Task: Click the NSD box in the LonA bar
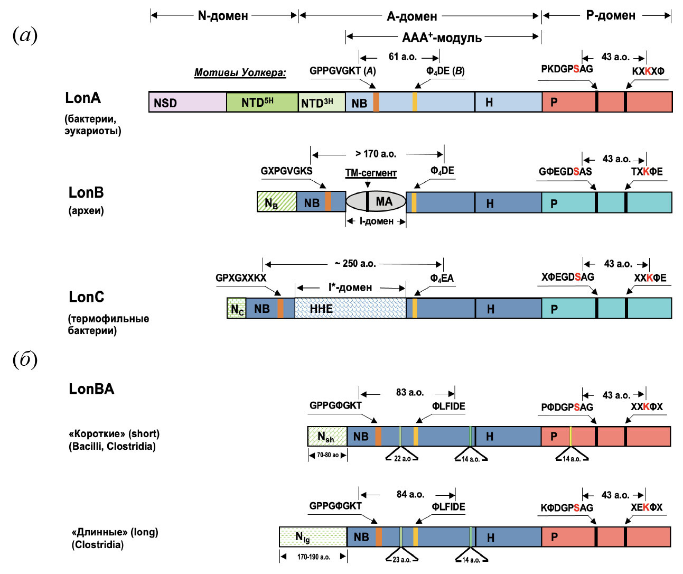click(x=188, y=102)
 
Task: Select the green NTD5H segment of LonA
click(x=262, y=102)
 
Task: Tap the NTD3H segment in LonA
click(x=322, y=102)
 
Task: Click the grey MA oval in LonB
click(x=376, y=201)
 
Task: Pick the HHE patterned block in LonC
click(x=350, y=308)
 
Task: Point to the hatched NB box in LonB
click(x=276, y=202)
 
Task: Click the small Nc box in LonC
click(x=237, y=309)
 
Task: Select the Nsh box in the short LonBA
click(x=327, y=436)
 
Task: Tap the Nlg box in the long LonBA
click(x=313, y=536)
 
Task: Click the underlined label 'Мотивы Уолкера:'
click(x=240, y=72)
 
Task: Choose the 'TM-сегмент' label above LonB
click(x=371, y=173)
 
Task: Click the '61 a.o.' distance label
click(x=403, y=57)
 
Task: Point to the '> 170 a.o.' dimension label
click(x=376, y=154)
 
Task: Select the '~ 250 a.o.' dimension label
click(x=355, y=263)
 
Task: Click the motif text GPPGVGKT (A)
click(x=342, y=71)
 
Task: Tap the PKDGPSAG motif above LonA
click(x=566, y=69)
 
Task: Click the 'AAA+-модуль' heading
click(x=442, y=38)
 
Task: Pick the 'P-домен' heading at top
click(x=610, y=15)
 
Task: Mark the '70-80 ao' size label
click(x=328, y=455)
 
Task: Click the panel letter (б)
click(x=25, y=359)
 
